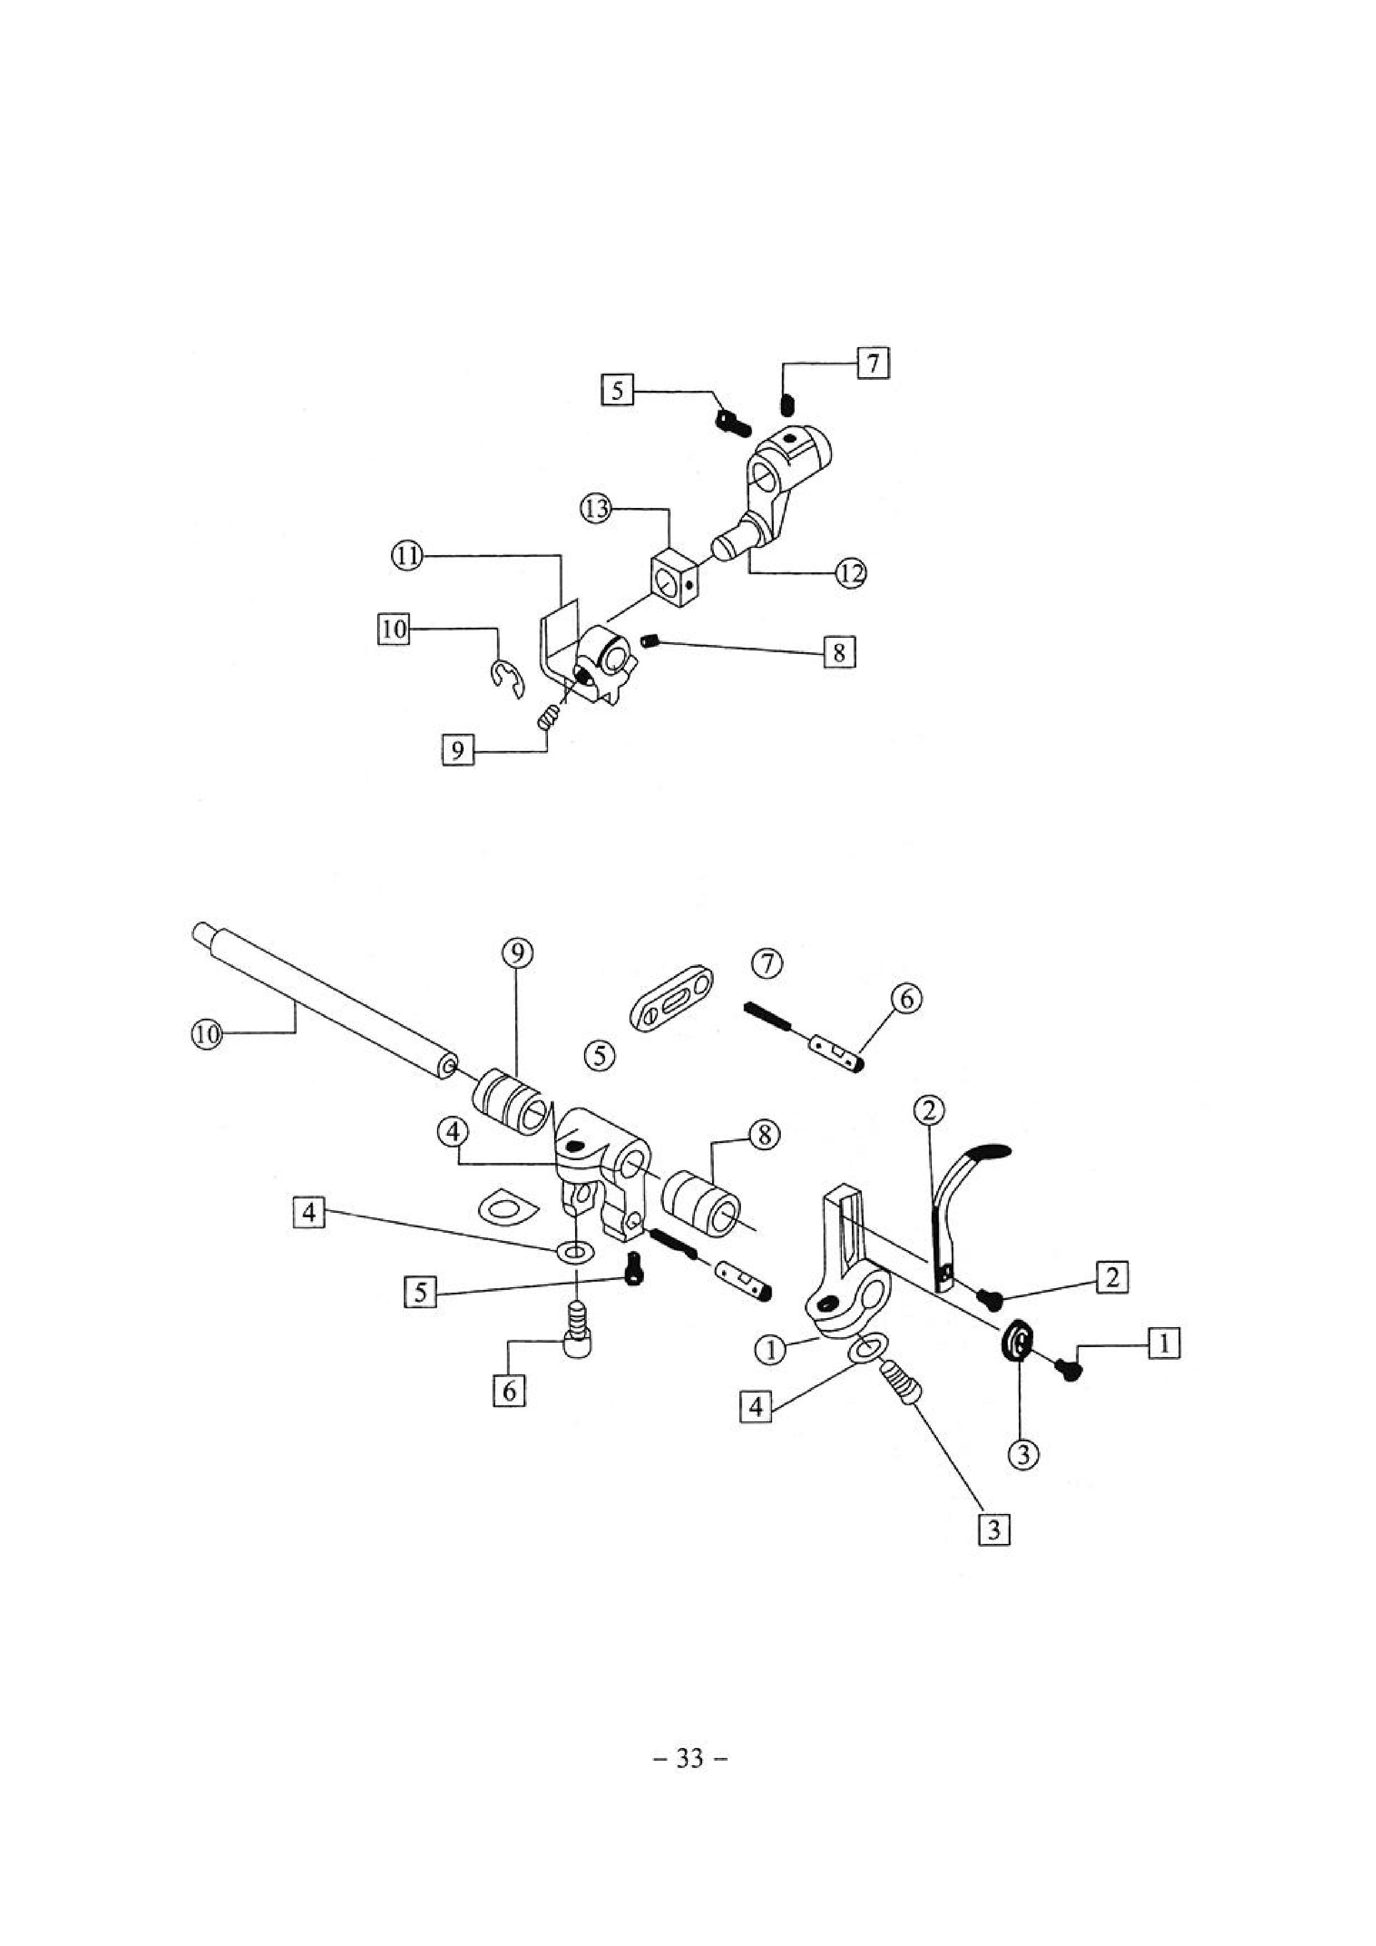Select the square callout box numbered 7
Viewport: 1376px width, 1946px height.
872,364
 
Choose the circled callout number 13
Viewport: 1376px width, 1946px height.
596,510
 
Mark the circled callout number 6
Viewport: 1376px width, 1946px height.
906,1000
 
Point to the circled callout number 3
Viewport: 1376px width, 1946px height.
1023,1455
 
